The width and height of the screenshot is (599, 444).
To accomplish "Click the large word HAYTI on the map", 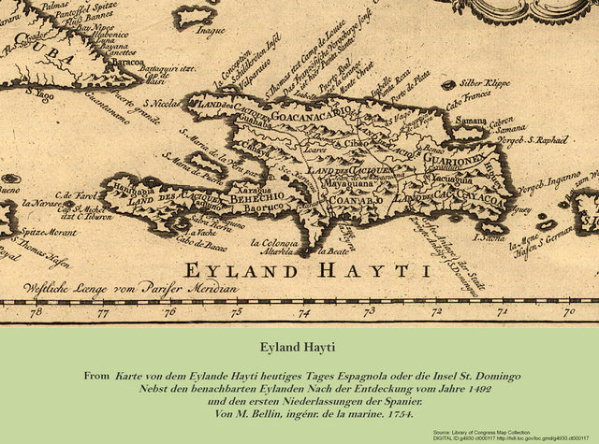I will pos(365,271).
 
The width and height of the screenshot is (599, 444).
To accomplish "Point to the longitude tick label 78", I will pos(37,313).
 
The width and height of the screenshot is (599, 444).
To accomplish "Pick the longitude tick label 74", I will pos(302,313).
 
